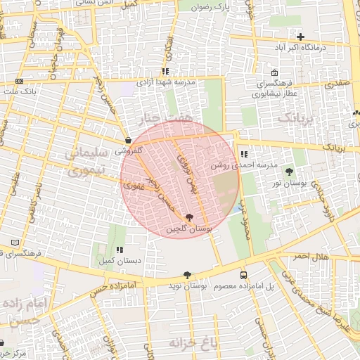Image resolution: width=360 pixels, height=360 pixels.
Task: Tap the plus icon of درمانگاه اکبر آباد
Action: (301, 37)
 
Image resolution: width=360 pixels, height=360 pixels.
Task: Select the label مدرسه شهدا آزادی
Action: (179, 82)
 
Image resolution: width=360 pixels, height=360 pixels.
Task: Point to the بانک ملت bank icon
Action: (19, 82)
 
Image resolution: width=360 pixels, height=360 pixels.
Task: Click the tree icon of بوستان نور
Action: (290, 172)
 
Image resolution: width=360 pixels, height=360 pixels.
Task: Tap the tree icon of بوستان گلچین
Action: (188, 218)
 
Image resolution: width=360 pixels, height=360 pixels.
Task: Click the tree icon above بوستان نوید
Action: (187, 275)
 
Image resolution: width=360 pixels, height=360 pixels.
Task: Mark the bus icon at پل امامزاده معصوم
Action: (243, 276)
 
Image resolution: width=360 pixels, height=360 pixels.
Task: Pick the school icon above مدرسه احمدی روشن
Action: (243, 154)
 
